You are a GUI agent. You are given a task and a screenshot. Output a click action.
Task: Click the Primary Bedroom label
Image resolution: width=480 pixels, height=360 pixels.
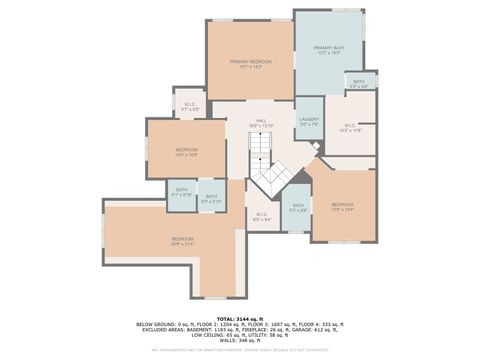[251, 64]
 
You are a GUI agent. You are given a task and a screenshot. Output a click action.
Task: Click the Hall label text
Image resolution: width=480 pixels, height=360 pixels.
[260, 123]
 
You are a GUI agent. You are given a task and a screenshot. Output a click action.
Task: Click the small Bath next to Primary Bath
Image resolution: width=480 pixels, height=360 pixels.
[358, 84]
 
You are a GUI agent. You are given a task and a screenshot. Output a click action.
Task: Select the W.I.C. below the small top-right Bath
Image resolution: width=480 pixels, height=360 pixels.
[350, 129]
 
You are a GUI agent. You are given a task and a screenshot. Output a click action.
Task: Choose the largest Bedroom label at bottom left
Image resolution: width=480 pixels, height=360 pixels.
[182, 240]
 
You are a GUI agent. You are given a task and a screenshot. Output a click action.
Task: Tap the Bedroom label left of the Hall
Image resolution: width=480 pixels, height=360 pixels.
[187, 152]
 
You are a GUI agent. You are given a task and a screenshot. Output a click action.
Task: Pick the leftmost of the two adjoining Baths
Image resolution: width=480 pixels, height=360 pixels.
[181, 192]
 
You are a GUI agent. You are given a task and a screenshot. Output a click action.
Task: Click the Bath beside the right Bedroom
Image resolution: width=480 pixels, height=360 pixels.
[298, 209]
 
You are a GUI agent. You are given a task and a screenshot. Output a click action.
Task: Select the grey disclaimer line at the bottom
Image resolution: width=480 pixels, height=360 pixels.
[240, 350]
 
